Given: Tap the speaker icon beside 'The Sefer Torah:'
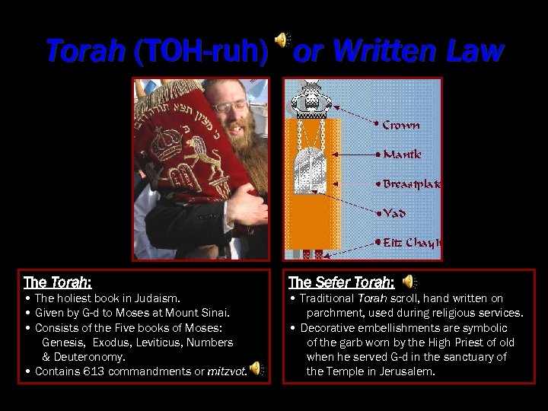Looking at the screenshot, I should [409, 282].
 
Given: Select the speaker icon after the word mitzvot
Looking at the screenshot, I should [256, 368].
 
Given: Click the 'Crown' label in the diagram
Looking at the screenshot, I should [400, 125].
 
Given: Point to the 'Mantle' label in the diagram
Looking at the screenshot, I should [402, 155].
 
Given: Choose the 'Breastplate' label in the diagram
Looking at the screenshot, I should [411, 184].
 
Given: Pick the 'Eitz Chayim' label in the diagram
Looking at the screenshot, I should [411, 243].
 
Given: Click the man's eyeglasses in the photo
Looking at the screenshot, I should [230, 106].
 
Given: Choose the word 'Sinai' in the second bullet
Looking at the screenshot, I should [212, 313].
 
